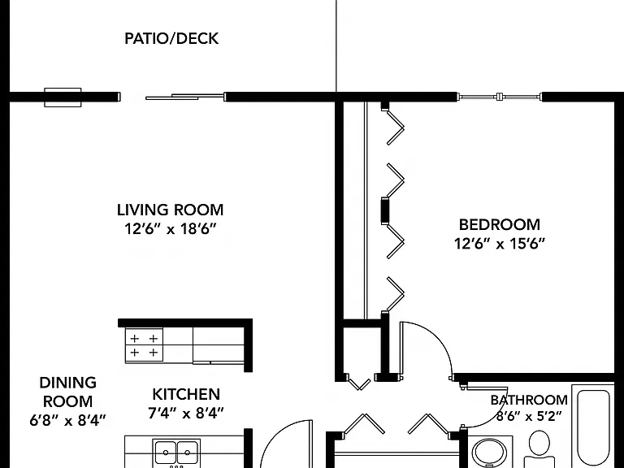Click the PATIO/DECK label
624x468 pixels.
(171, 39)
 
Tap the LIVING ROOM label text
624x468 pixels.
(171, 210)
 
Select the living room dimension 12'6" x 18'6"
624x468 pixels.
(171, 229)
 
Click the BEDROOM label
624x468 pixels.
(500, 224)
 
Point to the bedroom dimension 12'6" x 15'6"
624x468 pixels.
(500, 243)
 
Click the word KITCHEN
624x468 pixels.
(186, 394)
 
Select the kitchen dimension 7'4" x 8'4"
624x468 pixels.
(186, 413)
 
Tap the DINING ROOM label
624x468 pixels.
(68, 392)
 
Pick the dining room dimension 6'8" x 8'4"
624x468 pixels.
(68, 420)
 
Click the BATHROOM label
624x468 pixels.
(529, 400)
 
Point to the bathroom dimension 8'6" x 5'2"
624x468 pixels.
(529, 417)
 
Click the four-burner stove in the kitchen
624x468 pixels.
(144, 345)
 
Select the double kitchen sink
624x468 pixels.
(176, 452)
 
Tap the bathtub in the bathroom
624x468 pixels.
(593, 427)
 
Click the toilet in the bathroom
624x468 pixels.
(539, 448)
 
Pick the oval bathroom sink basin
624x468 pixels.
(489, 453)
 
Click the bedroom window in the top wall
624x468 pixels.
(500, 97)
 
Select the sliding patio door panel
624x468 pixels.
(184, 97)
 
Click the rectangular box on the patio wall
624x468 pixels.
(63, 97)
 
